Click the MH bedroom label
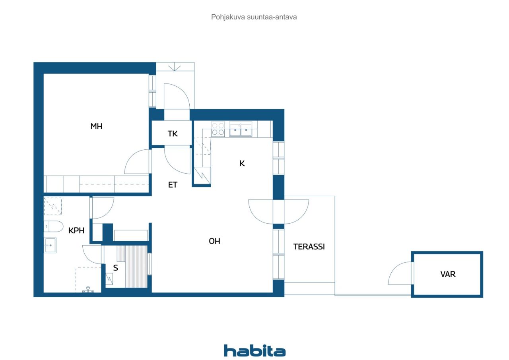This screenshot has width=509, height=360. click(96, 126)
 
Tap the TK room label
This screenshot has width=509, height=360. click(173, 134)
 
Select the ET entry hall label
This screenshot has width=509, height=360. click(173, 185)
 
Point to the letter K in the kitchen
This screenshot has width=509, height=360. click(242, 163)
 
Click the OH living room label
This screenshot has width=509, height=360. click(214, 241)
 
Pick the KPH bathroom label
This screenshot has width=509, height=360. click(76, 230)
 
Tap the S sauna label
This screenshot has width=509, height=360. click(115, 268)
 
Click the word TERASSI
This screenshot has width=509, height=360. click(309, 246)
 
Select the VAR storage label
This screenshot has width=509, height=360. click(448, 274)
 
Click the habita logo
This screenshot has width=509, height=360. click(254, 351)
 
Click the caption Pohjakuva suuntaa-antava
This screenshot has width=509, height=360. click(254, 17)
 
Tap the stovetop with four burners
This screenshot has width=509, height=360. click(218, 129)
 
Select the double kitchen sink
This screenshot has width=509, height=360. click(240, 129)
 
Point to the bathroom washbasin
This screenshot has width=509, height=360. click(50, 245)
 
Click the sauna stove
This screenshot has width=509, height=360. click(109, 279)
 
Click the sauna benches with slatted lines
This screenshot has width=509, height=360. click(135, 266)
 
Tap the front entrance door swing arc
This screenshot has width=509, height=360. click(177, 95)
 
